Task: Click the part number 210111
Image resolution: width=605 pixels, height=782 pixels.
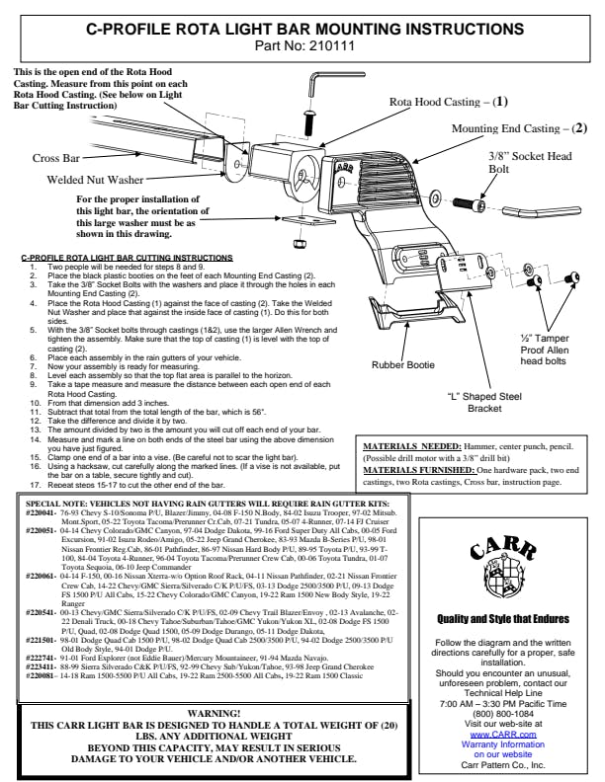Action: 328,44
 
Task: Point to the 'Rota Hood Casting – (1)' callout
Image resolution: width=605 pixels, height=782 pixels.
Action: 448,102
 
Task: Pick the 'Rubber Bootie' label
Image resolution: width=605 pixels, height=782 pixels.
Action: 403,364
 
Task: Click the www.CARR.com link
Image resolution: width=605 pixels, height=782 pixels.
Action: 503,706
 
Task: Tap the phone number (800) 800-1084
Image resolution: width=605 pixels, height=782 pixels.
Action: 503,686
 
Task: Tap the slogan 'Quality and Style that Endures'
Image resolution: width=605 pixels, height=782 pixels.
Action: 503,619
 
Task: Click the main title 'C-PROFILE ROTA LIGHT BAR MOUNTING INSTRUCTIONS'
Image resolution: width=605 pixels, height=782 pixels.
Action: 302,29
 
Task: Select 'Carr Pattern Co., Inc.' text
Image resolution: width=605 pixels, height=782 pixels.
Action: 503,737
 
